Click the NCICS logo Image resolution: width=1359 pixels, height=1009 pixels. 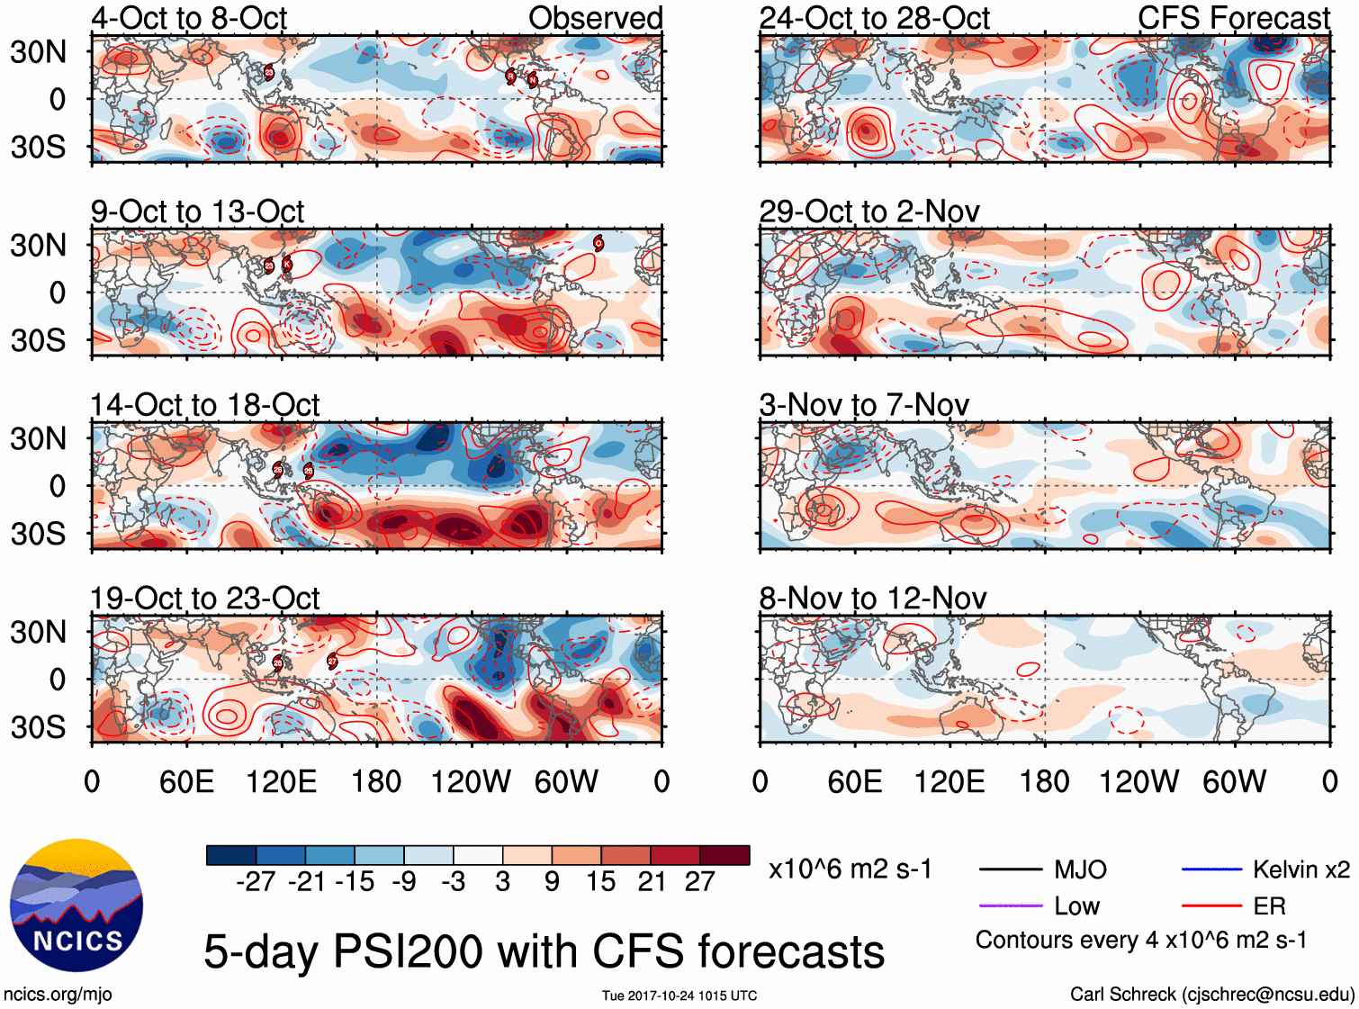(x=76, y=905)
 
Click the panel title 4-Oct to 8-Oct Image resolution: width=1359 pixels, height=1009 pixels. (x=189, y=18)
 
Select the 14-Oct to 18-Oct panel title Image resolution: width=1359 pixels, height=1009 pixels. (x=205, y=405)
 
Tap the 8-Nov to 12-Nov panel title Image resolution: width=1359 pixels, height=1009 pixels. (x=873, y=599)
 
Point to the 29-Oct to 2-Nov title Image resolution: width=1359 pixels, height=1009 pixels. (x=869, y=212)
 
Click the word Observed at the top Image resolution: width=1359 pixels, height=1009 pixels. (x=595, y=18)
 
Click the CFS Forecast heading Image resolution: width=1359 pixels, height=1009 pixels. (x=1233, y=18)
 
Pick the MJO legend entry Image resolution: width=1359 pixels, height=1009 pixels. (x=1080, y=869)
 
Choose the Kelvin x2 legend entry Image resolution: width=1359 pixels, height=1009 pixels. (x=1300, y=869)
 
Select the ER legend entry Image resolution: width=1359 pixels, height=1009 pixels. (x=1269, y=905)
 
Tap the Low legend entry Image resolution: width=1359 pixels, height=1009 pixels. (x=1076, y=905)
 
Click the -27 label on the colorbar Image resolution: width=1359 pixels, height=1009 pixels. (x=256, y=882)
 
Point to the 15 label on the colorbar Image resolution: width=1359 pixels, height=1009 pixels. (x=600, y=882)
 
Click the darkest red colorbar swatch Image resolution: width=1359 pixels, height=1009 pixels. (x=724, y=855)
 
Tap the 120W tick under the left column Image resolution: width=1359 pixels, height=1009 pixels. (x=471, y=781)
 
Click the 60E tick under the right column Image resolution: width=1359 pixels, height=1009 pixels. (x=854, y=781)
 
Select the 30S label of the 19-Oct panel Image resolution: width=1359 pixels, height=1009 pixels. (x=38, y=727)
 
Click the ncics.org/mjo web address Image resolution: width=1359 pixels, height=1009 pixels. (x=58, y=994)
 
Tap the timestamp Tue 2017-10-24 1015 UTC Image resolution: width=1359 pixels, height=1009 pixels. (x=679, y=995)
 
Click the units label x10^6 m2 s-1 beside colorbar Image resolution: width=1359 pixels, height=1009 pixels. (x=850, y=869)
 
